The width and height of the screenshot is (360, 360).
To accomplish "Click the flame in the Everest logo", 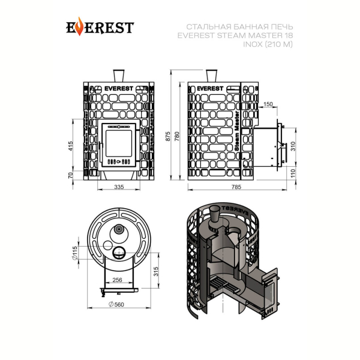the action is point(79,26).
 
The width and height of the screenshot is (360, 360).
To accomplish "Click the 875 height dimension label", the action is point(168,136).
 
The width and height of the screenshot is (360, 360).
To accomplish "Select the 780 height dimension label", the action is point(177,136).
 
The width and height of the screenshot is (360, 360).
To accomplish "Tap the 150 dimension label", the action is point(268,104).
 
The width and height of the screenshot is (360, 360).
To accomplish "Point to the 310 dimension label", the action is point(293,146).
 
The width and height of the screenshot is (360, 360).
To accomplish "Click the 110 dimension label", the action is point(293,173).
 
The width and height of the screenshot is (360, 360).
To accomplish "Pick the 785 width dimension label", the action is point(236,187).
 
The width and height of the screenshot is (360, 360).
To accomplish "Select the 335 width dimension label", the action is point(119,187).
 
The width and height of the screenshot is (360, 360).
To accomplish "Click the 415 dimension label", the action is point(70,146).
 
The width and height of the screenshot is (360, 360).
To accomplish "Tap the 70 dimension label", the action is point(70,175).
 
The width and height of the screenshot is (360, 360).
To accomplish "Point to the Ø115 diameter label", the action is point(75,253).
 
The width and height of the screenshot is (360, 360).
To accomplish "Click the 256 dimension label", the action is point(117,280).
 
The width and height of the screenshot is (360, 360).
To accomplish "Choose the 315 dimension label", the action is point(156,272).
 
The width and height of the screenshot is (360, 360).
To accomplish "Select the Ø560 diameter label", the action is point(116,304).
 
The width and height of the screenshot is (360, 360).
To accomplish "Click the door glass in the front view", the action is point(119,143).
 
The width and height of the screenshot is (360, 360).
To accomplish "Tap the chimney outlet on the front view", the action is point(119,76).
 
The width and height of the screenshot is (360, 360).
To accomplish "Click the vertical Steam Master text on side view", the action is point(237,131).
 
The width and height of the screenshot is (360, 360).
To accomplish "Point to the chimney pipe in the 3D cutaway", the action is point(215,215).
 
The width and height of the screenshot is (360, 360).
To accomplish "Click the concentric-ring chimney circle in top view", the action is point(119,229).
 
